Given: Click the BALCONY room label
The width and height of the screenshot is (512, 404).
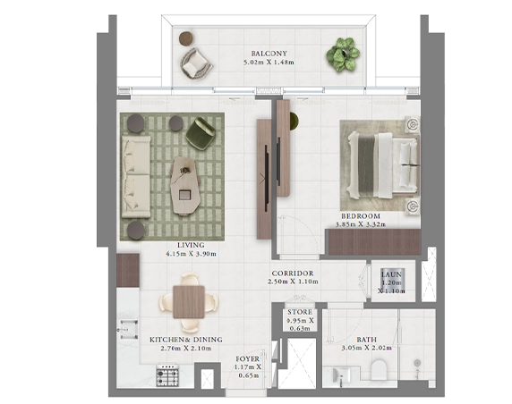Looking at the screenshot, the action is pyautogui.click(x=269, y=54).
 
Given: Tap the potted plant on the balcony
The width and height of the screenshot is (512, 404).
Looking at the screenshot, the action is pyautogui.click(x=343, y=54).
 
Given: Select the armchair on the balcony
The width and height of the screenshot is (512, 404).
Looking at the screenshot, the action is pyautogui.click(x=195, y=63).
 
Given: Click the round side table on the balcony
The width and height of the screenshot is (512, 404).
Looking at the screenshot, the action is pyautogui.click(x=186, y=38).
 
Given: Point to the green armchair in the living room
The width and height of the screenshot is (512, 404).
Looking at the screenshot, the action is pyautogui.click(x=201, y=134).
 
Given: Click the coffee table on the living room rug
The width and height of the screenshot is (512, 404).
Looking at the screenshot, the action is pyautogui.click(x=185, y=185).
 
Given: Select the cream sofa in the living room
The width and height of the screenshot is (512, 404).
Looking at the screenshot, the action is pyautogui.click(x=136, y=177).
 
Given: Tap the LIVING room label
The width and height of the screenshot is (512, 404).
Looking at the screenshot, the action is pyautogui.click(x=191, y=245).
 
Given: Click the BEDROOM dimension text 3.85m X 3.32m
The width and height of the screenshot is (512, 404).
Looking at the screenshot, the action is pyautogui.click(x=361, y=224).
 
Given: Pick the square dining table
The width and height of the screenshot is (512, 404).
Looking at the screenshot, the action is pyautogui.click(x=189, y=301).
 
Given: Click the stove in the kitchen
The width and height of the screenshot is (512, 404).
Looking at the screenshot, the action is pyautogui.click(x=167, y=375).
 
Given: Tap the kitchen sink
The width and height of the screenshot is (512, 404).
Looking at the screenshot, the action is pyautogui.click(x=128, y=330).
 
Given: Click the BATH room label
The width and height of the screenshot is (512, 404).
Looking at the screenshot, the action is pyautogui.click(x=366, y=340).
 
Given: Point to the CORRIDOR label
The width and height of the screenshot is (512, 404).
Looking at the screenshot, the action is pyautogui.click(x=293, y=274).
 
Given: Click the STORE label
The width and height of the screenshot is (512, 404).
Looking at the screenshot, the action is pyautogui.click(x=300, y=312).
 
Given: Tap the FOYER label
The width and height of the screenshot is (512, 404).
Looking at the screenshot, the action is pyautogui.click(x=248, y=359).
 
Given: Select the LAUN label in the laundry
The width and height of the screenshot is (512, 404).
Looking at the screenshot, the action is pyautogui.click(x=391, y=274).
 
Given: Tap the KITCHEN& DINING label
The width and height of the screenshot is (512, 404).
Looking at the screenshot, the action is pyautogui.click(x=186, y=340).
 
